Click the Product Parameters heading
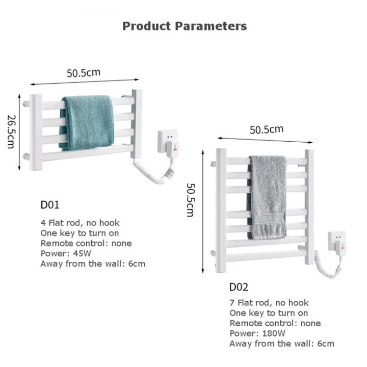pos(185,26)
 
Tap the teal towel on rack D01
pos(87,122)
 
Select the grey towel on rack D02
pos(268,197)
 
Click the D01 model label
pos(50,205)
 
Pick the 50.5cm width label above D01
pos(84,72)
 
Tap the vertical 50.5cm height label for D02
pos(190,200)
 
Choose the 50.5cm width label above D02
pos(266,129)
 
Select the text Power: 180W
pos(257,333)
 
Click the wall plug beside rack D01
pos(168,141)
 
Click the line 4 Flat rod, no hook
pos(80,223)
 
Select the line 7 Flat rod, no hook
pos(269,303)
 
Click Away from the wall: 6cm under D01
pos(93,264)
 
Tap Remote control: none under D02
pos(275,323)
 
